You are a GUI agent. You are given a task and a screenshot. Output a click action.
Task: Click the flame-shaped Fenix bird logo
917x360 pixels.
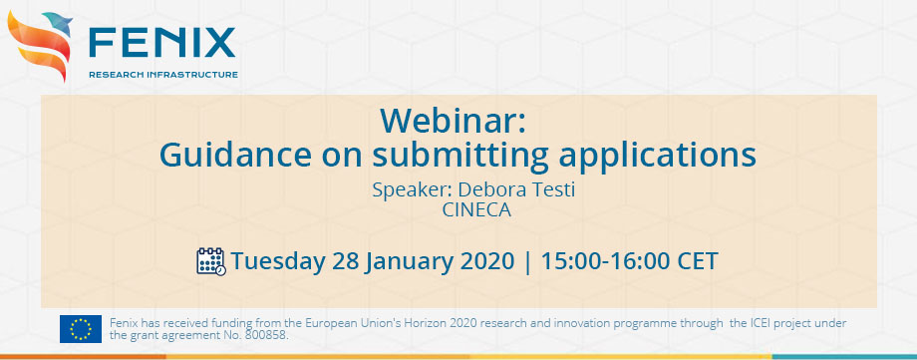point(42,45)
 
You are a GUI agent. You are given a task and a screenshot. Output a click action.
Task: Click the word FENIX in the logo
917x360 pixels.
point(161,42)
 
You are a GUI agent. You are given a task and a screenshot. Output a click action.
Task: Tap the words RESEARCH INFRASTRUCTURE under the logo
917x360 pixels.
point(162,75)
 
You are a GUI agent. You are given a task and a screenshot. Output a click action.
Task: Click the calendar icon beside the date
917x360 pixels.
point(210,261)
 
